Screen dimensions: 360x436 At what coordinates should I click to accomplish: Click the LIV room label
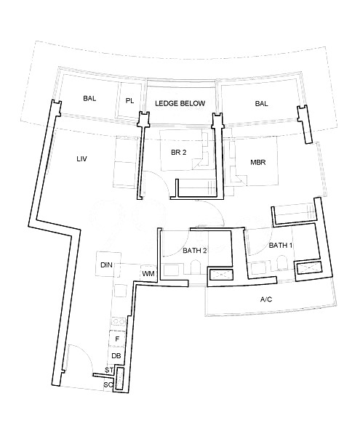pos(81,158)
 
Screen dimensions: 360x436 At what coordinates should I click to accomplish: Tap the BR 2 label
pos(179,153)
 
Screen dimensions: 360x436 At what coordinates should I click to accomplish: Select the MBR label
pos(258,162)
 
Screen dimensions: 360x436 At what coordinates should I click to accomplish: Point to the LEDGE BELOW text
pos(180,103)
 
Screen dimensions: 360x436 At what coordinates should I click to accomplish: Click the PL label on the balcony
pos(129,101)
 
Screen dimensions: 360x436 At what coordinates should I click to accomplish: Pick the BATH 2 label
pos(195,251)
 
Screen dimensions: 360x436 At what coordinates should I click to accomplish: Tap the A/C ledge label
pos(266,299)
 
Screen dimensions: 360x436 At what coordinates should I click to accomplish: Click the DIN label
pos(106,265)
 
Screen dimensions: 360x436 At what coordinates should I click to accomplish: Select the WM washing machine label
pos(148,274)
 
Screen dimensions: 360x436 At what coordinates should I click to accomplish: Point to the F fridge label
pos(117,339)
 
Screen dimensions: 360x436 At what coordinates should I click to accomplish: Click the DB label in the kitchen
pos(116,355)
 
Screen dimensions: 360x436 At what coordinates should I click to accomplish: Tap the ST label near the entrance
pos(109,371)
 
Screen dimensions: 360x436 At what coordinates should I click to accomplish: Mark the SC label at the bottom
pos(108,385)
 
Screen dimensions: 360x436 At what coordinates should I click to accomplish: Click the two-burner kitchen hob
pos(119,322)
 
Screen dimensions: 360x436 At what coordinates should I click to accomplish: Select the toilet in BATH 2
pos(196,267)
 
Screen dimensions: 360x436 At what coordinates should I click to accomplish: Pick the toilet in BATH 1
pos(281,262)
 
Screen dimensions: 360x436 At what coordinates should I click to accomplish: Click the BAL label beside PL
pos(89,98)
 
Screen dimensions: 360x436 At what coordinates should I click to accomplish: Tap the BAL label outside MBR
pos(262,104)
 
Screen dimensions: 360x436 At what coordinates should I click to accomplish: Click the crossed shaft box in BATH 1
pos(309,267)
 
